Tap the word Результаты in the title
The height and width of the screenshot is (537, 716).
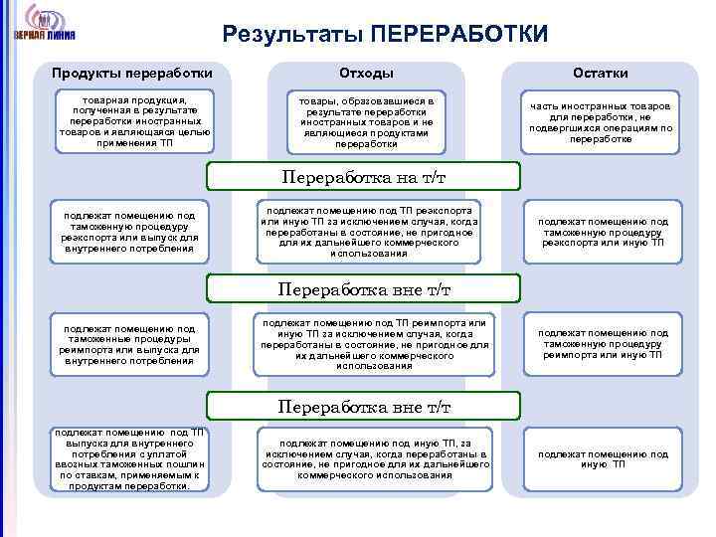tap(292, 35)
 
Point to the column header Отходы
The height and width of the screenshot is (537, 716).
tap(366, 73)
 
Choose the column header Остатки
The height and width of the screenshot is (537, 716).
tap(600, 73)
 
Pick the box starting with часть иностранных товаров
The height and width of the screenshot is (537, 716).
tap(600, 122)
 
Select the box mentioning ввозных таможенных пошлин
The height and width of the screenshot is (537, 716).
tap(129, 459)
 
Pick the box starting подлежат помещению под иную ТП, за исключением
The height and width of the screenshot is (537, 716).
tap(376, 459)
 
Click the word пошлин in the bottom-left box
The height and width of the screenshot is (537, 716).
tap(185, 463)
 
